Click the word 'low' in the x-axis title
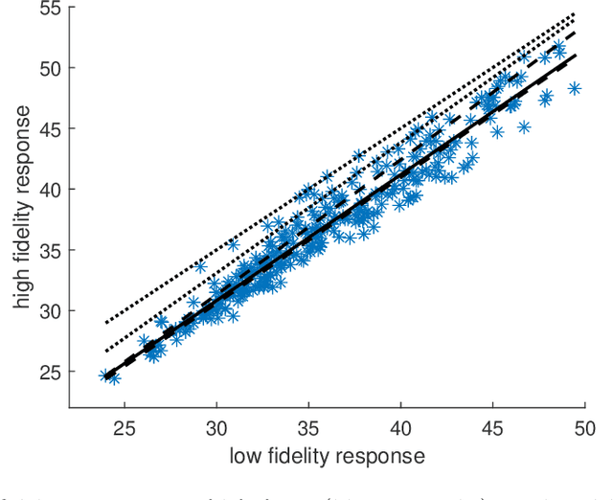pos(246,455)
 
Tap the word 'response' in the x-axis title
pos(382,457)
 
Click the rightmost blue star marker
pos(575,88)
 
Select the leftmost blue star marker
pos(105,375)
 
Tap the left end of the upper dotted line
pos(105,323)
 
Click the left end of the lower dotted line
pos(105,351)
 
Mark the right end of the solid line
pos(576,56)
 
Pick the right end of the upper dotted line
pos(576,13)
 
